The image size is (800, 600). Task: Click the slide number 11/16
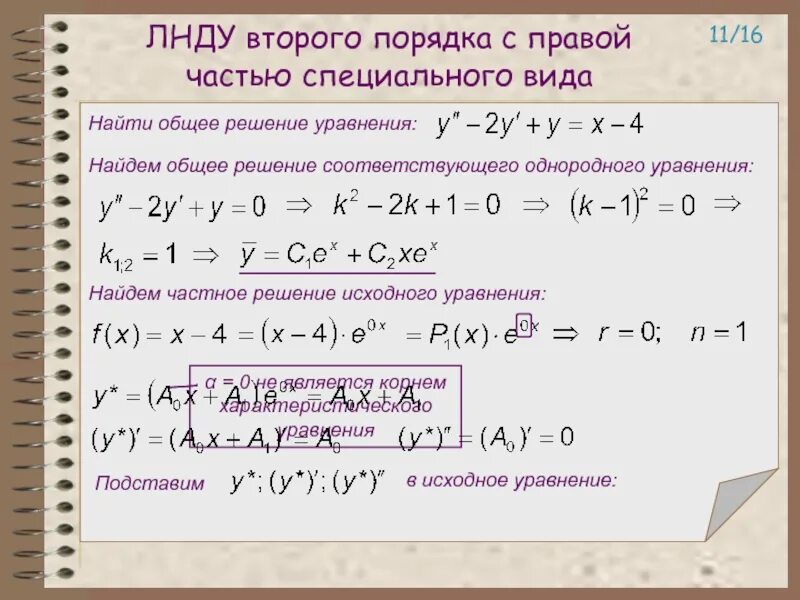coord(735,36)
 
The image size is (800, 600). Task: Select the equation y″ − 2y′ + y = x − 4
coord(540,126)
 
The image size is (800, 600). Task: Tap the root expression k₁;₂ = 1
coord(138,254)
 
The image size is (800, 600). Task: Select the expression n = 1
coord(718,332)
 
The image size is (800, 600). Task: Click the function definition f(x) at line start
coord(115,335)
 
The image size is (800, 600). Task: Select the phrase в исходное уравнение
coord(512,480)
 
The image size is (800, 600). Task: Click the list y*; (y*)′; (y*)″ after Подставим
coord(308,483)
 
